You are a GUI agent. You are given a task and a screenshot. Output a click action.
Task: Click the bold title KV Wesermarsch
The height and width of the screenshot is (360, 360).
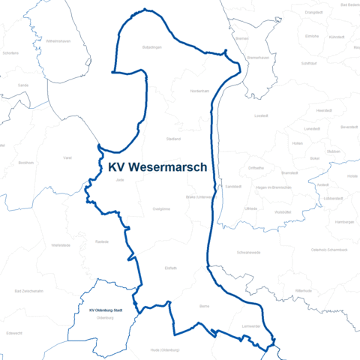coord(157,167)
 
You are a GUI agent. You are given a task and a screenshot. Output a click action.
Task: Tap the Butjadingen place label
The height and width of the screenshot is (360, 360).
coord(152,46)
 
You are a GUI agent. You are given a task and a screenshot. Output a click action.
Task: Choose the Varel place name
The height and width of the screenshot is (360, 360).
coord(67,157)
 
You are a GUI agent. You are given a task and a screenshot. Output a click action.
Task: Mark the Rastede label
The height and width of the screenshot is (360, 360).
coord(103,241)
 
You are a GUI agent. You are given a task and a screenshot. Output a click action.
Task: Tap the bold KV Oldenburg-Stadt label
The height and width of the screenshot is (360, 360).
coord(105,310)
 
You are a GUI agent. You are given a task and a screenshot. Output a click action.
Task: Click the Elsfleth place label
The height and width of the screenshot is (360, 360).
coord(171,266)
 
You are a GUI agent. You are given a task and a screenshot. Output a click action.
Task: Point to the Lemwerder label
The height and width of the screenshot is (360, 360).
coord(250,325)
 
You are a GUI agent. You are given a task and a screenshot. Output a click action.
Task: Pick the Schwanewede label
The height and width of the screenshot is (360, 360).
coord(248,252)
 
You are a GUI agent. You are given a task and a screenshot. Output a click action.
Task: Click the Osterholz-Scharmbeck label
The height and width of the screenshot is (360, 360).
coord(329,249)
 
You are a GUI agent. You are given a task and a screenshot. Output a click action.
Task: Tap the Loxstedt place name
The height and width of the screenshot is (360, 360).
coord(261,115)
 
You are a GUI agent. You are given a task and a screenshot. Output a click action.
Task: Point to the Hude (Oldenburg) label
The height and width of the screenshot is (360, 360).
coord(165,349)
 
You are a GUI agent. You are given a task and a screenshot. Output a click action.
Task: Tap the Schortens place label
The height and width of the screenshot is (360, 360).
coord(10,53)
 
